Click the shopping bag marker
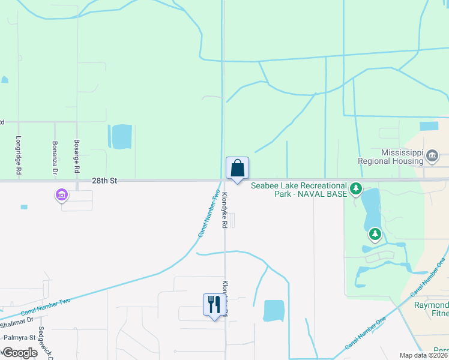[237, 169]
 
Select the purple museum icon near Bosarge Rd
[61, 195]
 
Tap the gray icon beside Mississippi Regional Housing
[432, 157]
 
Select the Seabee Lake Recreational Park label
[299, 190]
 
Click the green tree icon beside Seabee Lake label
[356, 190]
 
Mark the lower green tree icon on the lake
[375, 233]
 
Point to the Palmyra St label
[17, 337]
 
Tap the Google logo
[19, 353]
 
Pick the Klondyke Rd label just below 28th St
[224, 210]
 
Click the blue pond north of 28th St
[121, 136]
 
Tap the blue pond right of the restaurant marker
[274, 310]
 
